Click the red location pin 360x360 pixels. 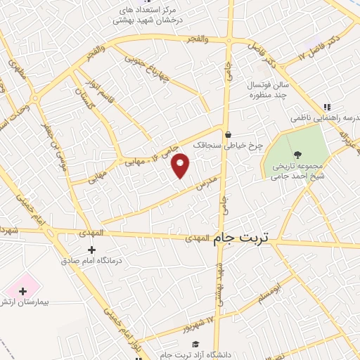pyautogui.click(x=181, y=165)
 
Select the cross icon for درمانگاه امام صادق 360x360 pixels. pyautogui.click(x=91, y=250)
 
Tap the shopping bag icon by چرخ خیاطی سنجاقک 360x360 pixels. pyautogui.click(x=227, y=134)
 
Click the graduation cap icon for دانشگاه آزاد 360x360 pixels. pyautogui.click(x=193, y=344)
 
